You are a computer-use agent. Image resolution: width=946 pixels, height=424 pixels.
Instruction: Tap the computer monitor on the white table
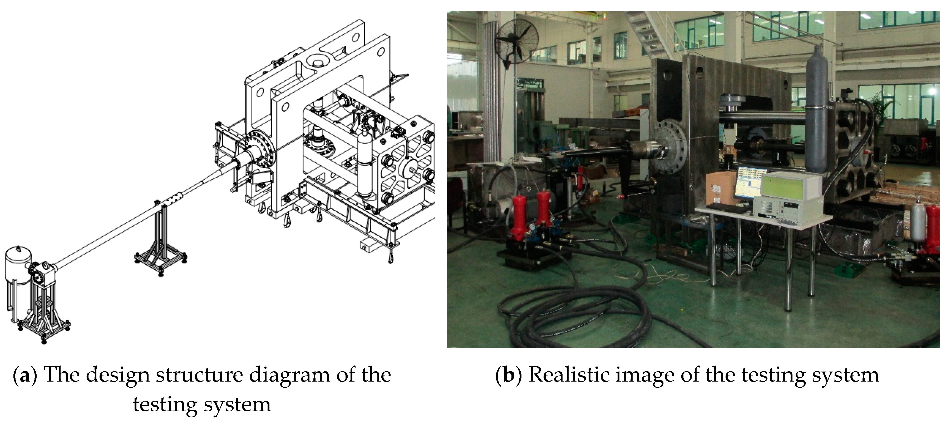(753, 185)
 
